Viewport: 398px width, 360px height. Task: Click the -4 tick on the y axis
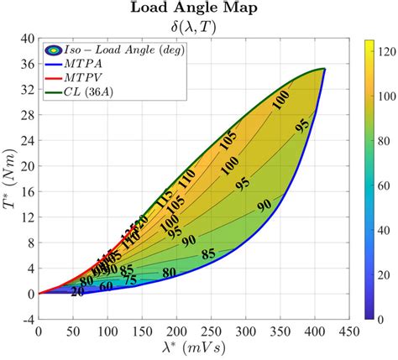27,319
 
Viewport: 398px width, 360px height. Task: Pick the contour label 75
129,280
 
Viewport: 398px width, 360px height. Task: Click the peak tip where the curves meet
324,70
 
